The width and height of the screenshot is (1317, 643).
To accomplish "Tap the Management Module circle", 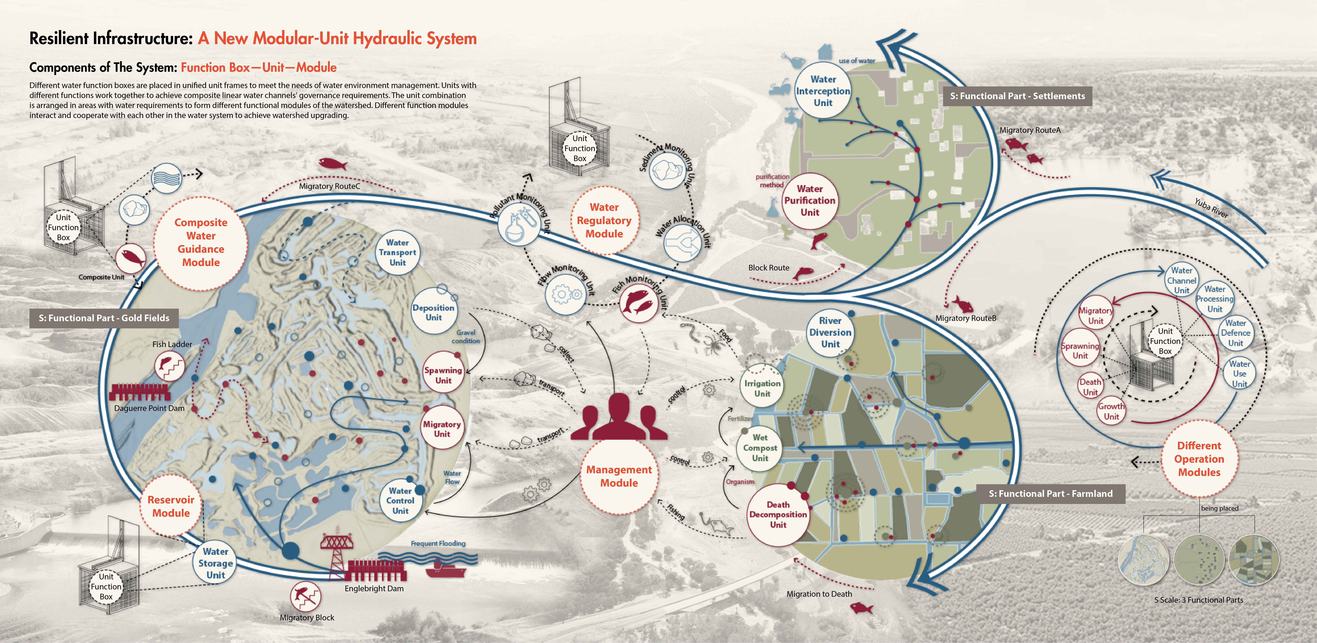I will (619, 476).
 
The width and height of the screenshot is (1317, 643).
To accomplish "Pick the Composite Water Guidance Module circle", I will (201, 243).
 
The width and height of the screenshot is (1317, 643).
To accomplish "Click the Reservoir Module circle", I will (171, 506).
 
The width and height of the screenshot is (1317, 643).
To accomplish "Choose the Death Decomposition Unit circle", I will (778, 514).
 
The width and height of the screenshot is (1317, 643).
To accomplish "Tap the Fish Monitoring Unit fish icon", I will (638, 303).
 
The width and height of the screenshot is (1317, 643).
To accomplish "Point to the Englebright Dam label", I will (374, 588).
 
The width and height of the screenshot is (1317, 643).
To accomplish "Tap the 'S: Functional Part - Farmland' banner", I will (1050, 494).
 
